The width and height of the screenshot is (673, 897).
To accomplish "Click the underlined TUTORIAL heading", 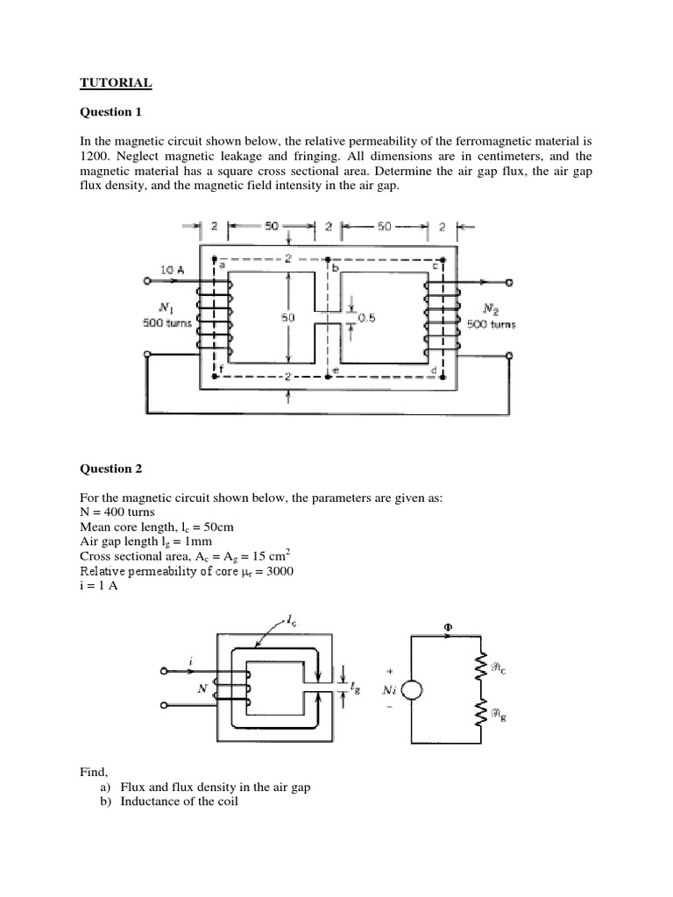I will click(116, 83).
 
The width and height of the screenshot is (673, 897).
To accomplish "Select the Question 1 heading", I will click(110, 112).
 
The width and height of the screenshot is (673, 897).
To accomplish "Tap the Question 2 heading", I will click(110, 469).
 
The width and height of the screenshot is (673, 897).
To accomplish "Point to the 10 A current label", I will click(171, 272).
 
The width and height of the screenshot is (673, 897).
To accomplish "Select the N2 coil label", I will click(492, 308).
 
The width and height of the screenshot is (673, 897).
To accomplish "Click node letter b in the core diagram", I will click(336, 266).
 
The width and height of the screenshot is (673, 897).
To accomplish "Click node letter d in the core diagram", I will click(433, 371).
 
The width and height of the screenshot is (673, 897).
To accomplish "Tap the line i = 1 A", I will click(98, 586).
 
